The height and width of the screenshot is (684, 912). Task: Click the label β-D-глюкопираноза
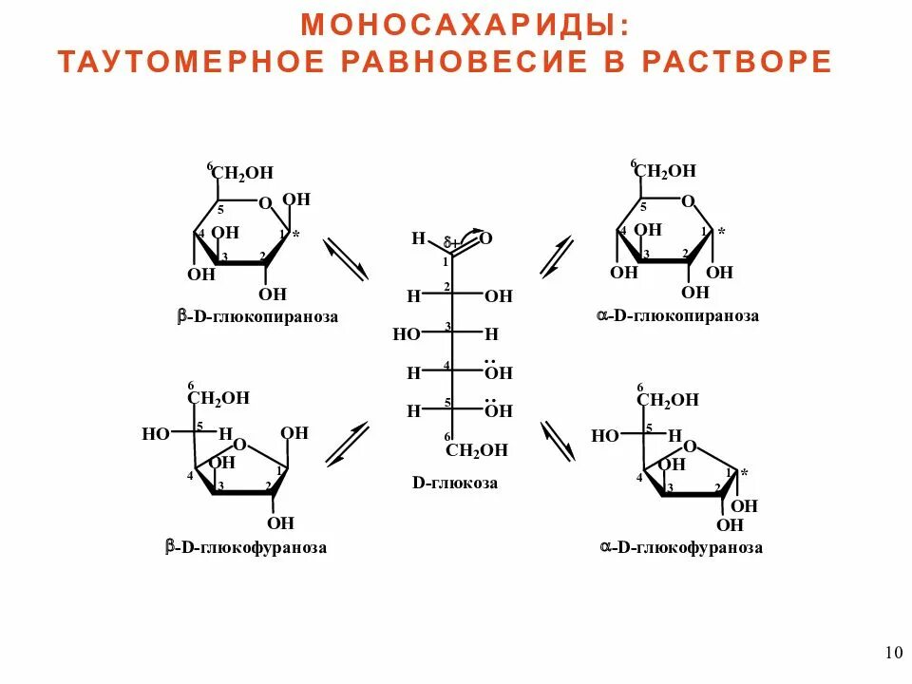tap(257, 316)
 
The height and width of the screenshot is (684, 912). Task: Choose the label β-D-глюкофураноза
tap(246, 547)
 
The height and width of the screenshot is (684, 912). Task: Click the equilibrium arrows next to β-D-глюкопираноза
tap(346, 259)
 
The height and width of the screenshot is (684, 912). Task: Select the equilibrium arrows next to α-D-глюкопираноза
tap(557, 256)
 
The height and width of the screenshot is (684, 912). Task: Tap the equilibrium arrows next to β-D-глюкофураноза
tap(346, 444)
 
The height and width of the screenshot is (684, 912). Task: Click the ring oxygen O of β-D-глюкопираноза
tap(265, 202)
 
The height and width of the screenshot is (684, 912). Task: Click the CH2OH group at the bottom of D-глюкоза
tap(477, 450)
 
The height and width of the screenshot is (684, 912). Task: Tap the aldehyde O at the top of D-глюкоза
tap(485, 237)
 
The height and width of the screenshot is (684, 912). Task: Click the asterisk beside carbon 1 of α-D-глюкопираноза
tap(721, 232)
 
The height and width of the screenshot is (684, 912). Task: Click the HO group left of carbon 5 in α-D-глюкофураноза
tap(605, 436)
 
